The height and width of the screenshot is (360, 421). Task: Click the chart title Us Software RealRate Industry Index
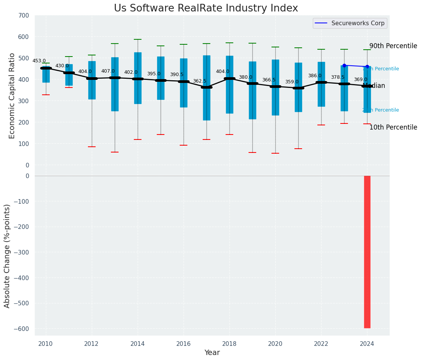pyautogui.click(x=206, y=8)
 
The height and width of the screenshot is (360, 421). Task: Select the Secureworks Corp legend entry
pyautogui.click(x=349, y=23)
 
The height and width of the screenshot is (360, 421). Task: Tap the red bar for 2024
pyautogui.click(x=367, y=252)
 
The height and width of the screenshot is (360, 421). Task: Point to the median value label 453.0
pyautogui.click(x=39, y=61)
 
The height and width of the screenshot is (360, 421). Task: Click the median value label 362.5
pyautogui.click(x=200, y=81)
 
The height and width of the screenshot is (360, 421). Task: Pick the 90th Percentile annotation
pyautogui.click(x=393, y=46)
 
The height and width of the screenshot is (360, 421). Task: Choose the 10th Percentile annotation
pyautogui.click(x=393, y=127)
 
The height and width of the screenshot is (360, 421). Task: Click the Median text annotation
pyautogui.click(x=374, y=86)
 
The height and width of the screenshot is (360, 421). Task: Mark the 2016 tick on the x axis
pyautogui.click(x=184, y=343)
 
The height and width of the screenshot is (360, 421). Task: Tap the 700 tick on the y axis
pyautogui.click(x=24, y=16)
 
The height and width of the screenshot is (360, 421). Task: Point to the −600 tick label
pyautogui.click(x=21, y=329)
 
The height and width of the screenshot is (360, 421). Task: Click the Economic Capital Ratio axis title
pyautogui.click(x=12, y=96)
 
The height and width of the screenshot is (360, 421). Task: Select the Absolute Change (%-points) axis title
pyautogui.click(x=7, y=256)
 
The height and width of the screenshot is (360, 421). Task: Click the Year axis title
pyautogui.click(x=212, y=353)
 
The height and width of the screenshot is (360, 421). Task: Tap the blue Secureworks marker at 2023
pyautogui.click(x=344, y=65)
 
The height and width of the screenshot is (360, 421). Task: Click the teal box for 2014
pyautogui.click(x=138, y=78)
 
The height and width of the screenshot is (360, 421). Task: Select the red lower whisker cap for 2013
pyautogui.click(x=115, y=152)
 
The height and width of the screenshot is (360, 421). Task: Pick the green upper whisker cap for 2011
pyautogui.click(x=69, y=57)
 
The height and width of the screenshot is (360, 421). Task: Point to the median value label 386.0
pyautogui.click(x=315, y=76)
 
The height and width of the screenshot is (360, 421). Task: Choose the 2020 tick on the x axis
pyautogui.click(x=275, y=343)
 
